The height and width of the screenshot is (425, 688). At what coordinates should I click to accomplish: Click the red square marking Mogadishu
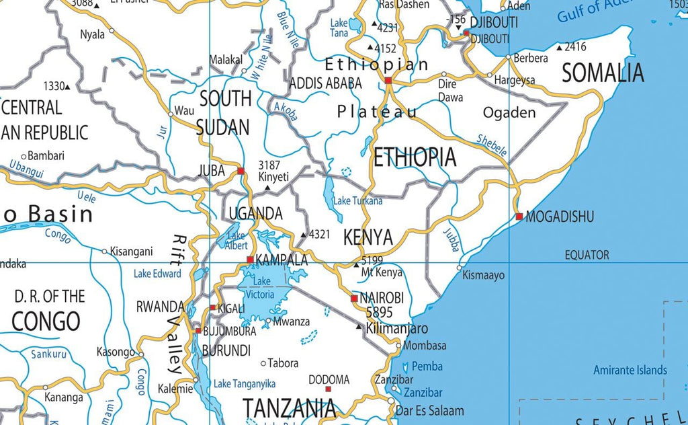click(x=519, y=217)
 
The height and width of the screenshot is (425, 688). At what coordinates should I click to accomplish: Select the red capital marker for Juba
click(x=241, y=171)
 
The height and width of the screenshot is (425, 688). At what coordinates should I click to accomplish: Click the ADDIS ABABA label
click(x=325, y=83)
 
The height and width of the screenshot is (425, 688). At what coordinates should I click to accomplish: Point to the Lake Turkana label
click(x=358, y=200)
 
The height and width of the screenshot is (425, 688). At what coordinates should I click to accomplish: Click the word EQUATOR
click(x=587, y=255)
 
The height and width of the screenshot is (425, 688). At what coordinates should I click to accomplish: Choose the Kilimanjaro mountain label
click(x=397, y=329)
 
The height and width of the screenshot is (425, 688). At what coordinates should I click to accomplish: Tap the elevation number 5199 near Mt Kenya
click(x=372, y=260)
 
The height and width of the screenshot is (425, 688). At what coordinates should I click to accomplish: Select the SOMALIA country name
click(x=603, y=73)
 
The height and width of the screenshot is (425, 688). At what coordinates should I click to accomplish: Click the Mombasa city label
click(x=425, y=346)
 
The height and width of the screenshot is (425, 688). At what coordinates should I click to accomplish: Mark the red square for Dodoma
click(x=328, y=389)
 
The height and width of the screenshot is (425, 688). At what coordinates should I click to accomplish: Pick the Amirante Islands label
click(x=630, y=370)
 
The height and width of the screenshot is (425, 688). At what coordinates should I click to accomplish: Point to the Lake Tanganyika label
click(x=245, y=383)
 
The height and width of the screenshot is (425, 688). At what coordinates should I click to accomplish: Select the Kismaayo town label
click(x=484, y=275)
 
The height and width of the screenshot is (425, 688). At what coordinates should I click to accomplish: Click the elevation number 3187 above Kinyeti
click(x=269, y=165)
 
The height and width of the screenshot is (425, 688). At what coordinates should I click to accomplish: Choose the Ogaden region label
click(x=509, y=112)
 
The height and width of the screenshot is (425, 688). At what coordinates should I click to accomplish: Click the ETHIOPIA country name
click(x=415, y=157)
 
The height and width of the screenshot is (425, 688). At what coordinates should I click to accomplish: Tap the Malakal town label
click(x=226, y=60)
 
